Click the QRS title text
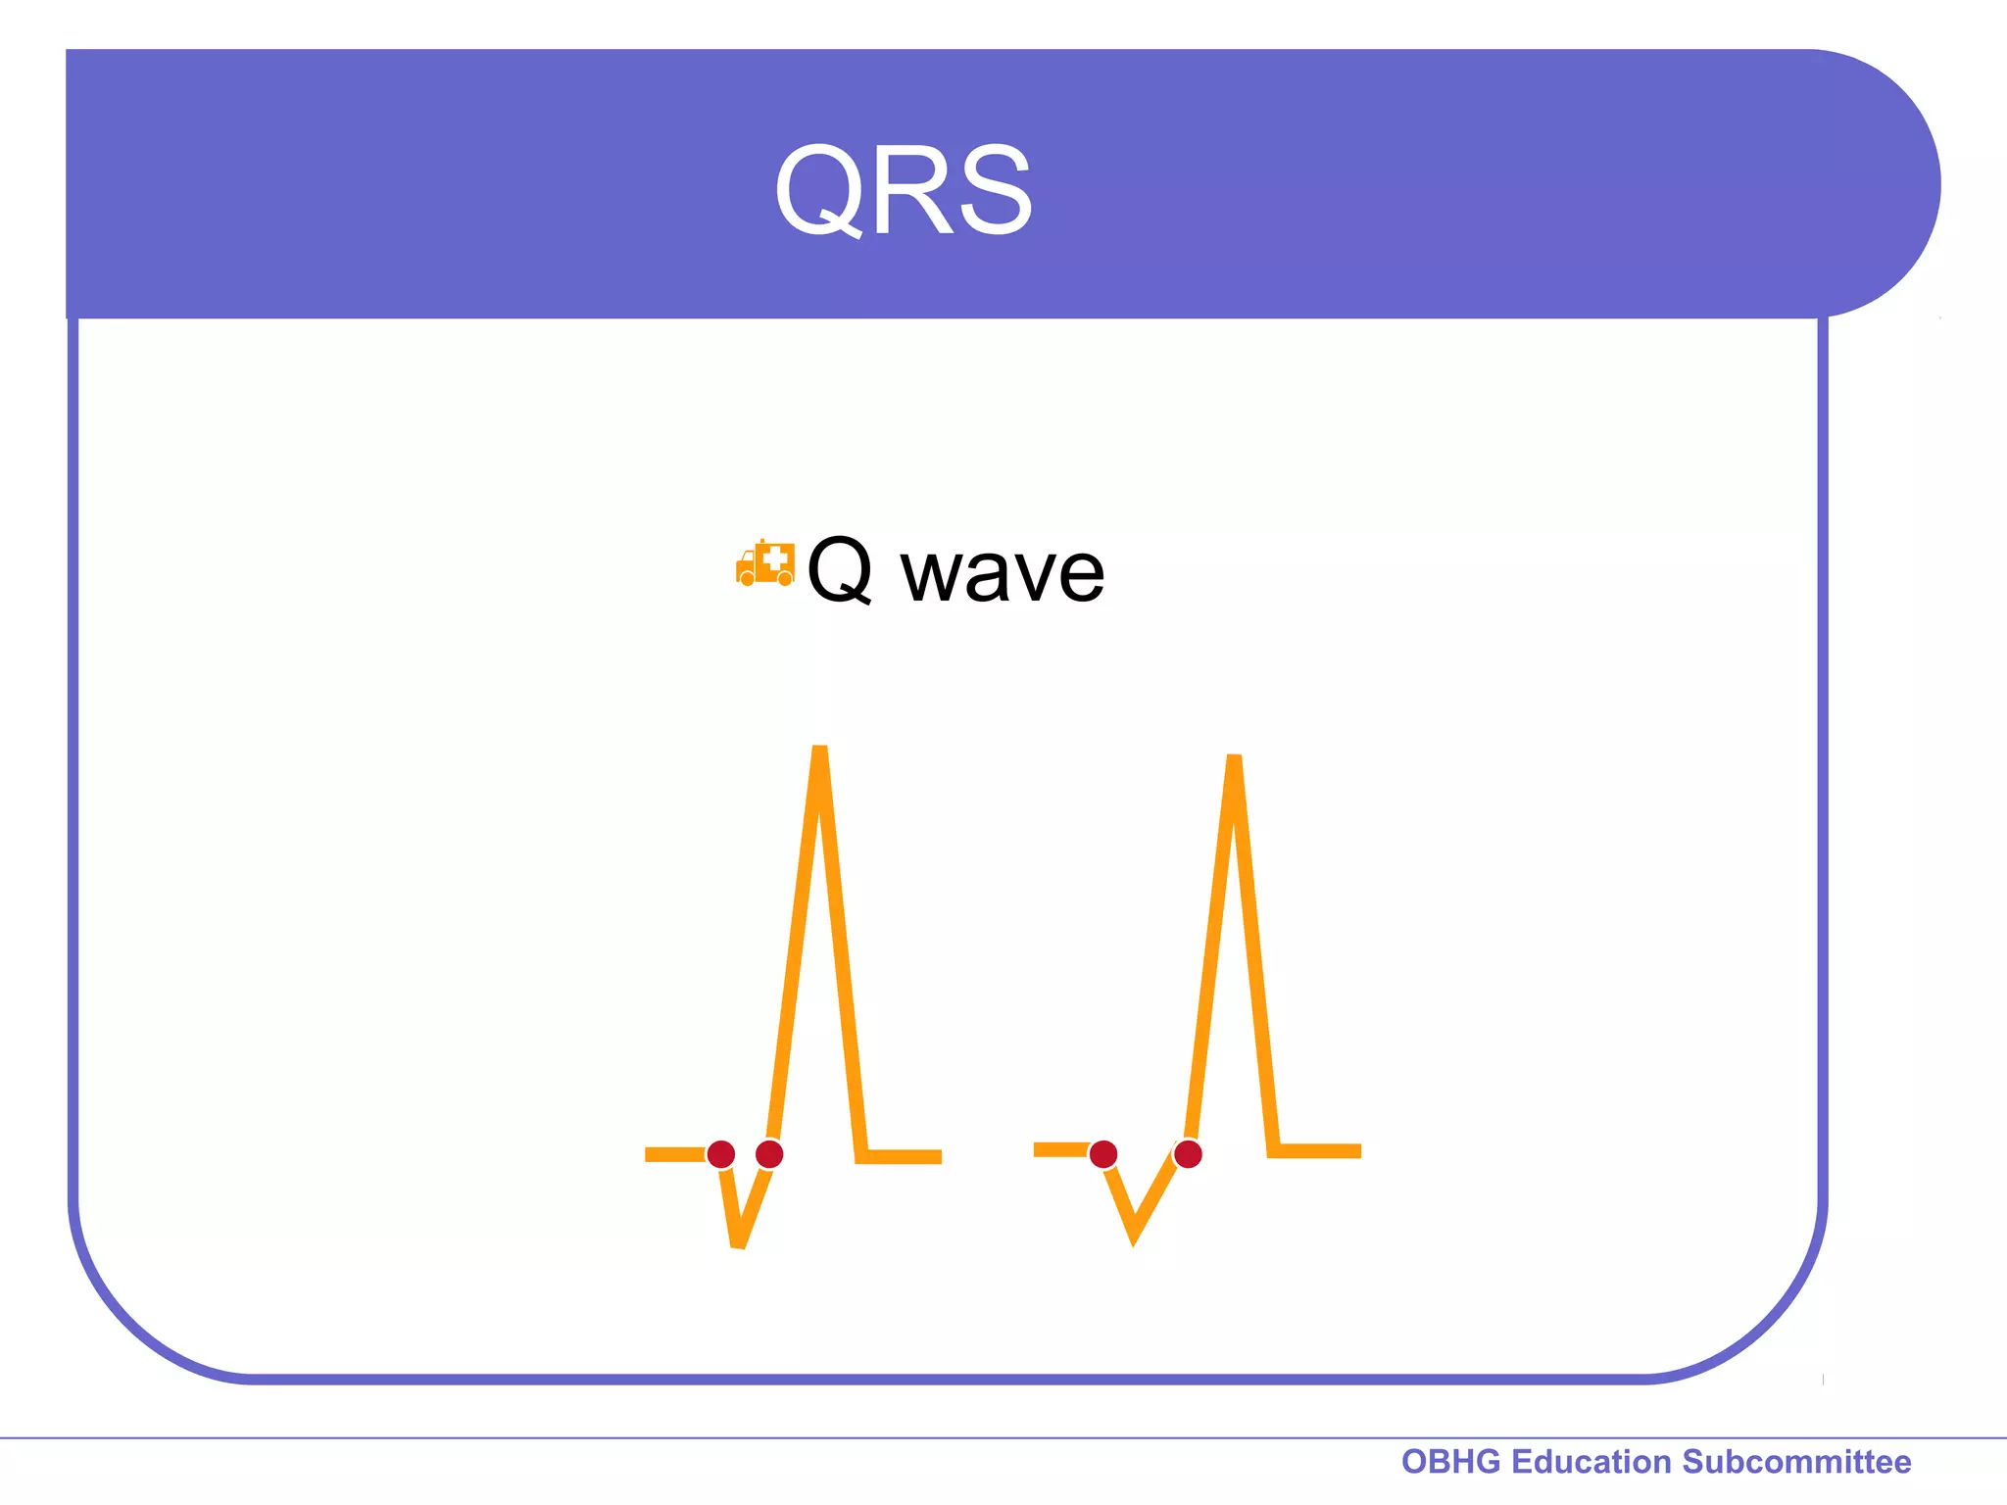click(x=903, y=189)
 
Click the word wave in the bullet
click(x=1002, y=573)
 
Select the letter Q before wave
click(x=840, y=569)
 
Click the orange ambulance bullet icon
click(x=764, y=563)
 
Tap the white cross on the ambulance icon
click(x=776, y=559)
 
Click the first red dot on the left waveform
click(x=721, y=1154)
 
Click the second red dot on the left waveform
click(x=769, y=1154)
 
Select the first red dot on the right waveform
click(x=1103, y=1154)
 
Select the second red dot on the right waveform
click(x=1188, y=1154)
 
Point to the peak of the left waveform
click(x=820, y=752)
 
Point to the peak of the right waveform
click(x=1234, y=759)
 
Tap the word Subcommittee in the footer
click(x=1796, y=1461)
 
